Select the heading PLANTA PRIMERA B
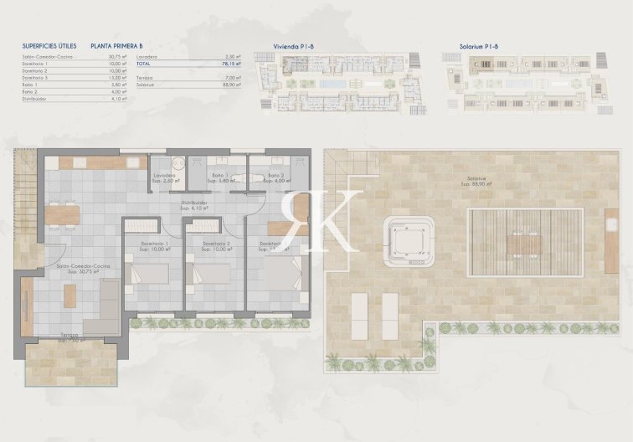tap(117, 46)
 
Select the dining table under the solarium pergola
tap(525, 244)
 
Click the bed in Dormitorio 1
tap(152, 274)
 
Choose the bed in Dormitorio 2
tap(213, 274)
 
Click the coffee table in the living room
tap(70, 296)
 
